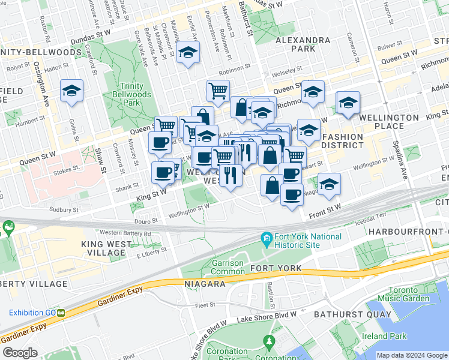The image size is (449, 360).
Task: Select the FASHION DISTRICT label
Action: click(343, 141)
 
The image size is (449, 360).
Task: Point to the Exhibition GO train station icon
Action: click(61, 313)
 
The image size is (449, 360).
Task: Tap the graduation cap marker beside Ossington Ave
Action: click(72, 91)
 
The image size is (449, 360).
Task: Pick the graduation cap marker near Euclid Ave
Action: click(188, 53)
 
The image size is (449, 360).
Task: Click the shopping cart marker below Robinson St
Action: click(218, 91)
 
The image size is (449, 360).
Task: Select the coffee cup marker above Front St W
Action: click(292, 195)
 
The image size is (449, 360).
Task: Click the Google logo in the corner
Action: click(20, 353)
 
